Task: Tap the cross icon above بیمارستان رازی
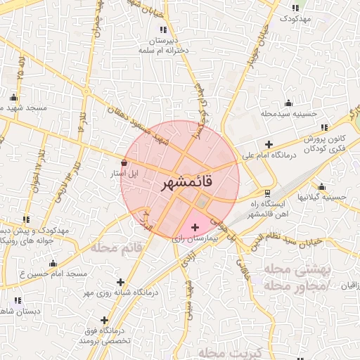click(195, 227)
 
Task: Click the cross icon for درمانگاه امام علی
click(269, 143)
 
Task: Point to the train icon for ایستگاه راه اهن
click(266, 193)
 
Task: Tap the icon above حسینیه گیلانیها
click(321, 186)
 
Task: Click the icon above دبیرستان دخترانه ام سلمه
click(164, 30)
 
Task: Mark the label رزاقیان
click(347, 285)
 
